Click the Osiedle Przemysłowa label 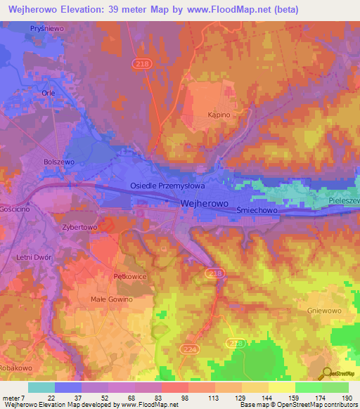click(167, 186)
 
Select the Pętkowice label click(129, 277)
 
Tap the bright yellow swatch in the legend click(281, 387)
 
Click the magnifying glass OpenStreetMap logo click(326, 373)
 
